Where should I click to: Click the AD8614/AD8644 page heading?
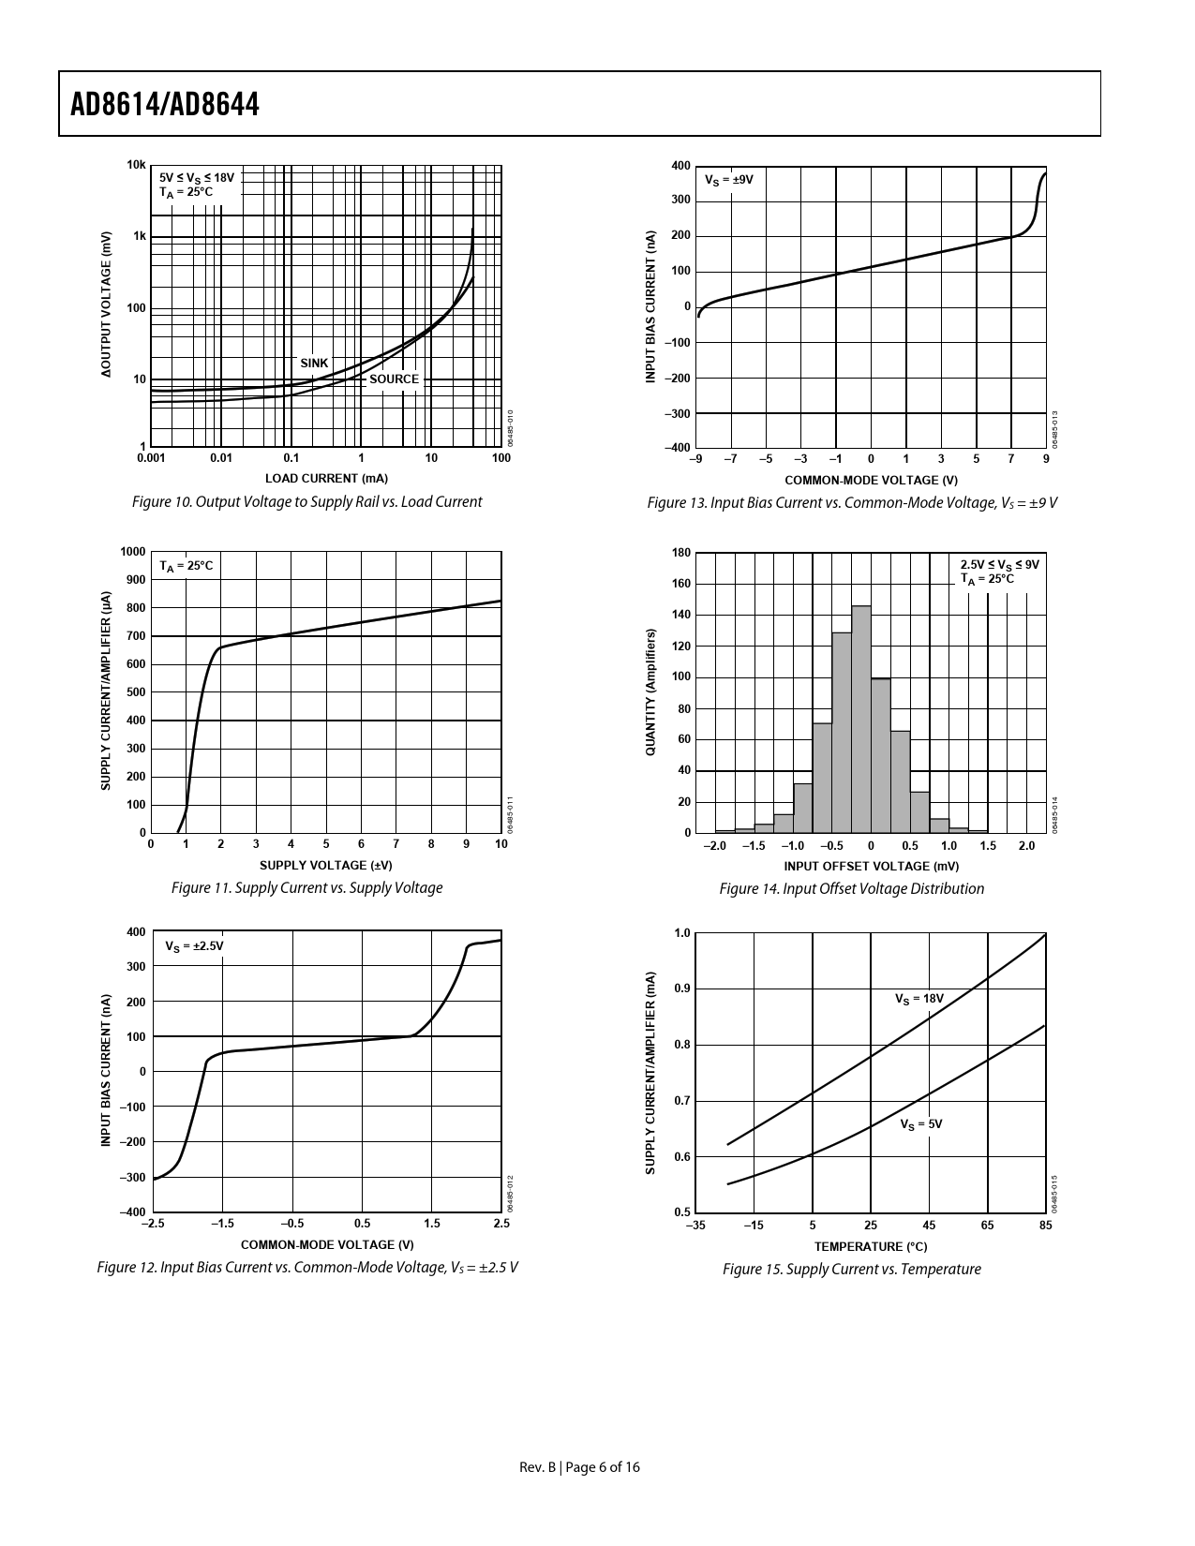(165, 104)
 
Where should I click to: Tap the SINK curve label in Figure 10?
(314, 364)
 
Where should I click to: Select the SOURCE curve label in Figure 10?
(394, 379)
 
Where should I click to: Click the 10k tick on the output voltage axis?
(137, 166)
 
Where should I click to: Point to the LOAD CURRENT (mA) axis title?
(326, 479)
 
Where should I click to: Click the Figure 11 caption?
(306, 888)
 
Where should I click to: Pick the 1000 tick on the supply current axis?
(133, 552)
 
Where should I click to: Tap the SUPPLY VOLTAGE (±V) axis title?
(325, 865)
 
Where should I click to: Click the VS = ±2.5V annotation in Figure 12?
(194, 946)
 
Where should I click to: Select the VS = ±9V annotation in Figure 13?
(728, 179)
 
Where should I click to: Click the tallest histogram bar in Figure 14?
(861, 719)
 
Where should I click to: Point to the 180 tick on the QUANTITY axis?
(681, 553)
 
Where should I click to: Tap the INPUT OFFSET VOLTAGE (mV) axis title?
(871, 866)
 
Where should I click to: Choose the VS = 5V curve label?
(920, 1123)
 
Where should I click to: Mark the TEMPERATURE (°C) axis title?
(870, 1246)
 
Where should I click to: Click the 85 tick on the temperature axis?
(1045, 1226)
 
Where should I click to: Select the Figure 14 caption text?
(851, 889)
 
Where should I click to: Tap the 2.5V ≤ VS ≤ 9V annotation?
(999, 565)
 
